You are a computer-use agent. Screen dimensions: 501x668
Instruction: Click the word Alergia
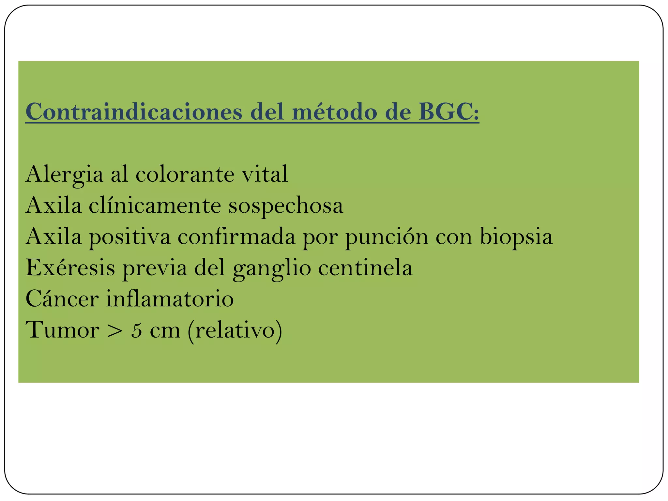tap(64, 175)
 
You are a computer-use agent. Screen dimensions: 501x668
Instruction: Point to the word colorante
tap(185, 175)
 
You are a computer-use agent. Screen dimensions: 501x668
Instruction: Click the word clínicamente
tap(155, 206)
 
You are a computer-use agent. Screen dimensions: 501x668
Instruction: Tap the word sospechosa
tap(286, 206)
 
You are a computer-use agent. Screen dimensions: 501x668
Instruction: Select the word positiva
tap(129, 237)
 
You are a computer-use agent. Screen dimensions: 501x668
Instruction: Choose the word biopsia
tap(516, 237)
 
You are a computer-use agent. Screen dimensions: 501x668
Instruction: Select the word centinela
tap(365, 268)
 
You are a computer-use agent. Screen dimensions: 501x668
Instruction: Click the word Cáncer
tap(62, 299)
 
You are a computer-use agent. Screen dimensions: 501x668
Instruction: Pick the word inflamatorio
tap(170, 299)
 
